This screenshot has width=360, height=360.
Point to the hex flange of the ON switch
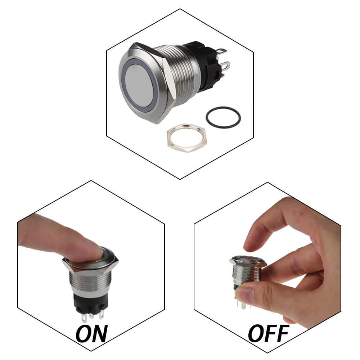pos(90,265)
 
